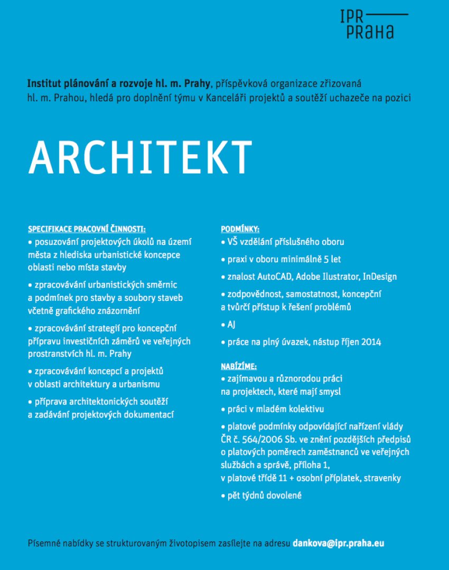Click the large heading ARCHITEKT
coord(140,156)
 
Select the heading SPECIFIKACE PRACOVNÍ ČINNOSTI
coord(86,230)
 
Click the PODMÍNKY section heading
coord(240,230)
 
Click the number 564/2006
coord(267,439)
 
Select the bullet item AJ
coord(231,325)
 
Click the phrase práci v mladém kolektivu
coord(275,409)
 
